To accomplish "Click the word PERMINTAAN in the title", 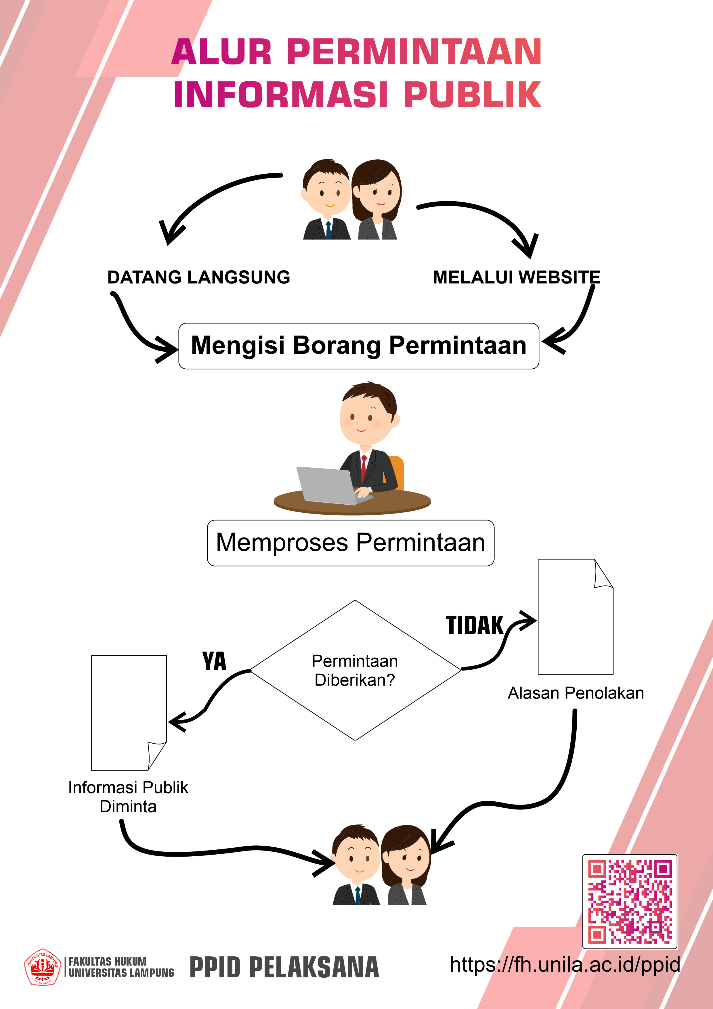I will pyautogui.click(x=414, y=52).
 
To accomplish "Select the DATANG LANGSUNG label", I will pyautogui.click(x=199, y=277).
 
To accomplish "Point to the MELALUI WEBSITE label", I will pyautogui.click(x=517, y=277).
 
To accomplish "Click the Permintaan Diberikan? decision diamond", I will pyautogui.click(x=355, y=670).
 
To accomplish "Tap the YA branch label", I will pyautogui.click(x=215, y=661).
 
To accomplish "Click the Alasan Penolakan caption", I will pyautogui.click(x=576, y=693).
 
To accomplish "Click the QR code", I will pyautogui.click(x=630, y=902).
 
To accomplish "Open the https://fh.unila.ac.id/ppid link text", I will pyautogui.click(x=565, y=965).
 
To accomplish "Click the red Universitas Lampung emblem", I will pyautogui.click(x=42, y=967).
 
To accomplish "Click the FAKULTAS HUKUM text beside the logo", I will pyautogui.click(x=108, y=962).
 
